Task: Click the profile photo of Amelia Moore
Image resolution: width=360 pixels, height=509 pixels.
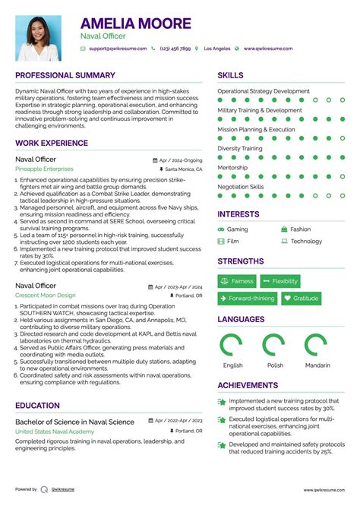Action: click(x=39, y=38)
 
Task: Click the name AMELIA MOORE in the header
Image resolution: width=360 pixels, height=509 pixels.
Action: click(x=136, y=24)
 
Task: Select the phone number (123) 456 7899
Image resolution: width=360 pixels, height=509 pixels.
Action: click(x=175, y=49)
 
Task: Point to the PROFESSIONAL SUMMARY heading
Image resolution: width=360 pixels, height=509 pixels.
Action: click(x=65, y=76)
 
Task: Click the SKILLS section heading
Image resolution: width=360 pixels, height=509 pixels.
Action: click(x=231, y=76)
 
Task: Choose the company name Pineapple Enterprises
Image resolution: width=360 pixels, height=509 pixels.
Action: click(x=43, y=169)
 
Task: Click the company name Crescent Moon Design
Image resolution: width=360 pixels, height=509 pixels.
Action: click(x=46, y=295)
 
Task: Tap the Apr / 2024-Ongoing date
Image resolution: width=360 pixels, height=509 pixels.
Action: click(x=181, y=160)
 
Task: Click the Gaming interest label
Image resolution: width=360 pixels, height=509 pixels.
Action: click(x=237, y=229)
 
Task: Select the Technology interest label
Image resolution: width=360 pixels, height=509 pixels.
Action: click(x=306, y=242)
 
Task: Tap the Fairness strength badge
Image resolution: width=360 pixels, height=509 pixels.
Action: click(x=237, y=281)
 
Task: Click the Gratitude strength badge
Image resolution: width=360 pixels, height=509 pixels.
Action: click(x=301, y=299)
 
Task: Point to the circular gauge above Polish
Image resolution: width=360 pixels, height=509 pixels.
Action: click(x=273, y=346)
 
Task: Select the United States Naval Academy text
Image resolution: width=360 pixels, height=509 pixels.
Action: click(x=55, y=431)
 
